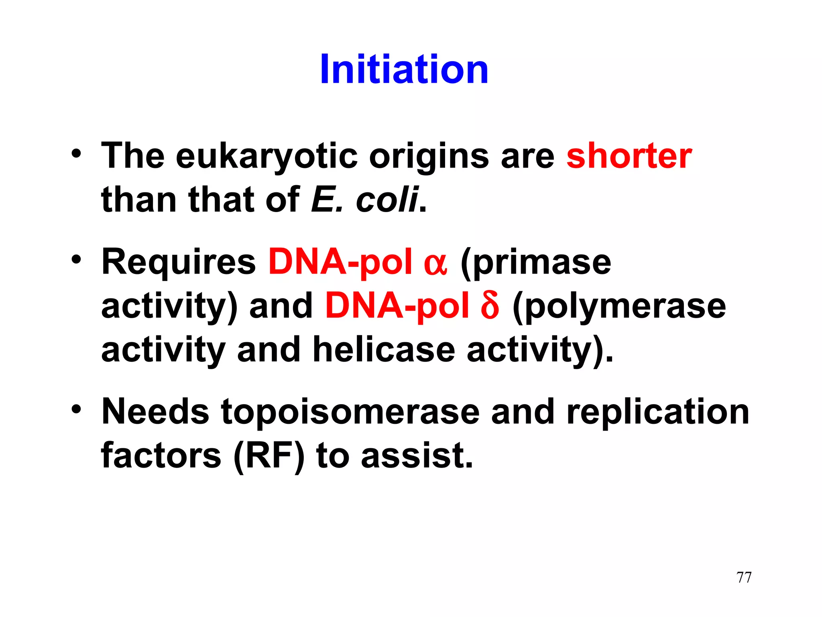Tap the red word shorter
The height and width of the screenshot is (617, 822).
(x=629, y=156)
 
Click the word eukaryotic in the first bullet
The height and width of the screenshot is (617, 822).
(x=267, y=156)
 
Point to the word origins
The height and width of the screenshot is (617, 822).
(x=429, y=156)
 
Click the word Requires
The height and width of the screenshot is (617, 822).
(x=179, y=262)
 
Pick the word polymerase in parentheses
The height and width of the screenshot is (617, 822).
(x=625, y=306)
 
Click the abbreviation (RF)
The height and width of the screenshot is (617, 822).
(x=269, y=456)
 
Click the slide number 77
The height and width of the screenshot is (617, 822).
(x=744, y=577)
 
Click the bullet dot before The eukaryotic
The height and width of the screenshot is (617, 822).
(x=76, y=154)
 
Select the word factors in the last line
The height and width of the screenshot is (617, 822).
(x=161, y=456)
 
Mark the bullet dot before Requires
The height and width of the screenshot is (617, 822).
(x=76, y=259)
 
